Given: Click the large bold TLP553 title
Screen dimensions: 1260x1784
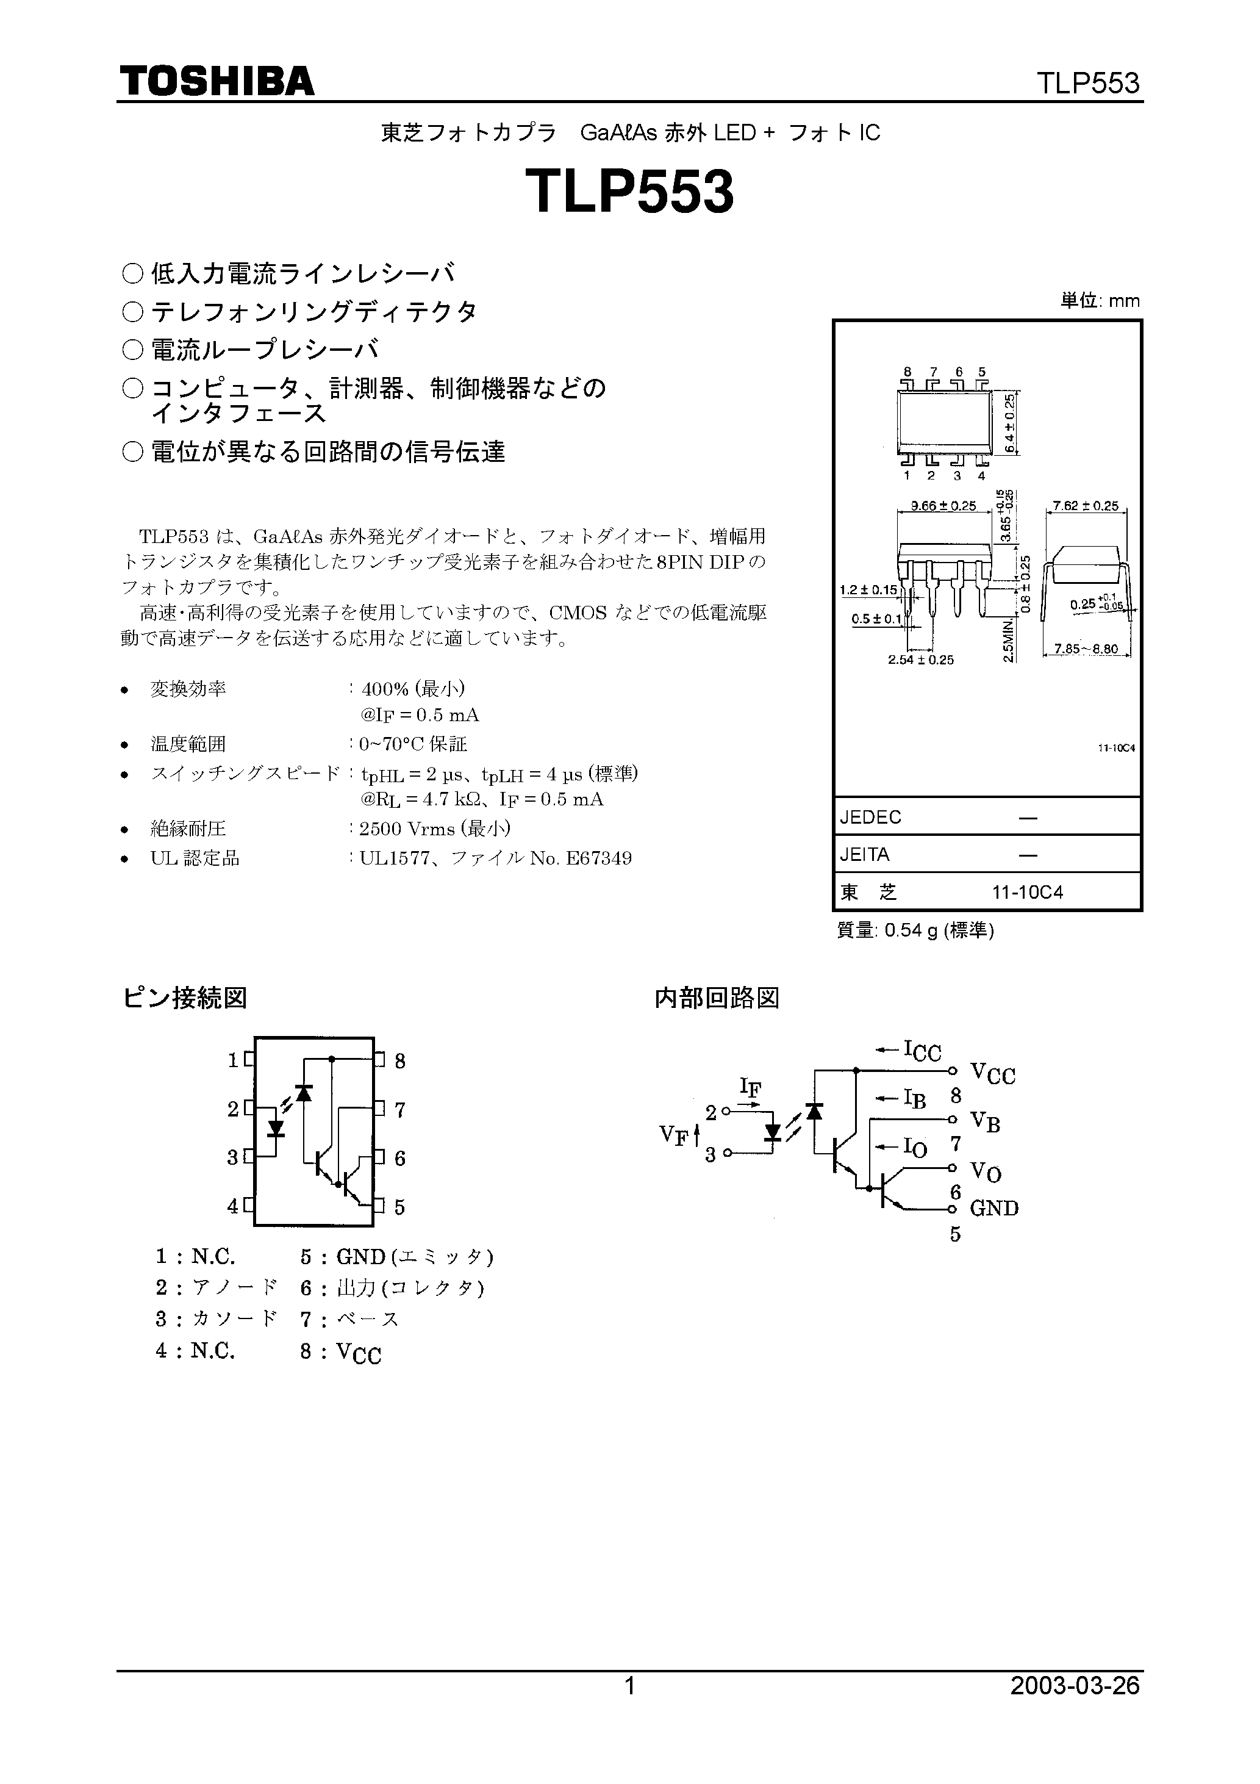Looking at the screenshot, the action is point(629,193).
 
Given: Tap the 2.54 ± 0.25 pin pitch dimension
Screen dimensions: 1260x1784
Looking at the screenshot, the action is point(920,660).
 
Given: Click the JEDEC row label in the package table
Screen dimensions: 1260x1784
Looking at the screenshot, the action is point(871,818).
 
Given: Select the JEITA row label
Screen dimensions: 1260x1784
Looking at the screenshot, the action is point(865,855).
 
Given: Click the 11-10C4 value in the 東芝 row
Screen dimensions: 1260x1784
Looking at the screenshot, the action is point(1027,892).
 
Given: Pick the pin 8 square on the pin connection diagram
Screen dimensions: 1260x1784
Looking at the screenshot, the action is point(379,1059).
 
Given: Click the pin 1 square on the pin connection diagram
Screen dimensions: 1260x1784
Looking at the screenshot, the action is point(249,1059).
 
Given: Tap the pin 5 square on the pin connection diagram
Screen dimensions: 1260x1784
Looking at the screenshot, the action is point(379,1206).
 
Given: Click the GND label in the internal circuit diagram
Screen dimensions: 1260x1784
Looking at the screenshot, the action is point(993,1207).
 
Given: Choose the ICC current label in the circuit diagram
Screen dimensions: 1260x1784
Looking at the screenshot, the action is point(922,1051).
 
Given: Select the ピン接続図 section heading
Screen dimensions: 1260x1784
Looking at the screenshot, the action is point(185,998).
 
